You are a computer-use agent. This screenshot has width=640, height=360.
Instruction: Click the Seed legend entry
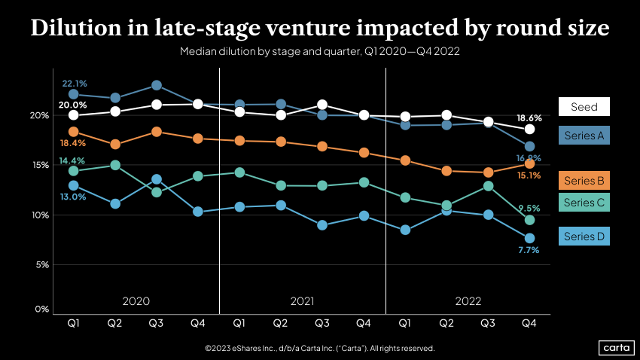pyautogui.click(x=584, y=106)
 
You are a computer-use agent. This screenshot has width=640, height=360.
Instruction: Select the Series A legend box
pyautogui.click(x=584, y=135)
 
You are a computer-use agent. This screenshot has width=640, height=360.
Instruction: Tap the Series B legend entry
pyautogui.click(x=584, y=180)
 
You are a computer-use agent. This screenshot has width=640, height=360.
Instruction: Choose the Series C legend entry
pyautogui.click(x=584, y=202)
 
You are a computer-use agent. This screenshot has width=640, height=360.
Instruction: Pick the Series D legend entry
pyautogui.click(x=584, y=236)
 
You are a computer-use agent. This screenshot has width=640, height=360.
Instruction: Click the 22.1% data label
pyautogui.click(x=74, y=83)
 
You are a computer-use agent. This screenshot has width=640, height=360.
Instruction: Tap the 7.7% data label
pyautogui.click(x=529, y=250)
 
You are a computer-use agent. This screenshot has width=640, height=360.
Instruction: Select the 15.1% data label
pyautogui.click(x=529, y=175)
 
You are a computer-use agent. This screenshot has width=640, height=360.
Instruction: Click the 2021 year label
pyautogui.click(x=302, y=301)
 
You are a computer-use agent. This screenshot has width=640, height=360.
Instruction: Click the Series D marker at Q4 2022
pyautogui.click(x=529, y=238)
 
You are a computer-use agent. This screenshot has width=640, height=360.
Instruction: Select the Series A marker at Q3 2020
pyautogui.click(x=157, y=86)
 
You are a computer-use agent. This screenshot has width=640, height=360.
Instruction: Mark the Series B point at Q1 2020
pyautogui.click(x=73, y=132)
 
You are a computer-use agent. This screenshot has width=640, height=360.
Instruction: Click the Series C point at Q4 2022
pyautogui.click(x=529, y=220)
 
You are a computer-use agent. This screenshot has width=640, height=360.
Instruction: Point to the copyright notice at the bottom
pyautogui.click(x=319, y=349)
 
